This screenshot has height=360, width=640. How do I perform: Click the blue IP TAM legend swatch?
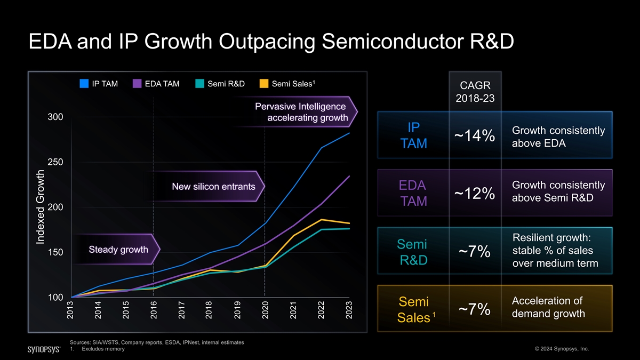[84, 83]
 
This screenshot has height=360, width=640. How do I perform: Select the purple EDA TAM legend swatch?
[137, 83]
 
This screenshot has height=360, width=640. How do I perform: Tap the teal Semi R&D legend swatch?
[200, 83]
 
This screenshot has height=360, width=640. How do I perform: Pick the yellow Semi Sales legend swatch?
[264, 83]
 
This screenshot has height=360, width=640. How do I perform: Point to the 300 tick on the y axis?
[56, 117]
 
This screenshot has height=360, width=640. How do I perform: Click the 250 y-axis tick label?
[56, 162]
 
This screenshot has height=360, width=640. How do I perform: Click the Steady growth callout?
[118, 250]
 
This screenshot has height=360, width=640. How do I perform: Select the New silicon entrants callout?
[213, 187]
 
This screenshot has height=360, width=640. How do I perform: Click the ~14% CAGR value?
[475, 137]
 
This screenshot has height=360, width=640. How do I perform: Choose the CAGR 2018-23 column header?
[475, 92]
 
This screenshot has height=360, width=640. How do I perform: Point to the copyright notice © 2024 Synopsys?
[561, 349]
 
